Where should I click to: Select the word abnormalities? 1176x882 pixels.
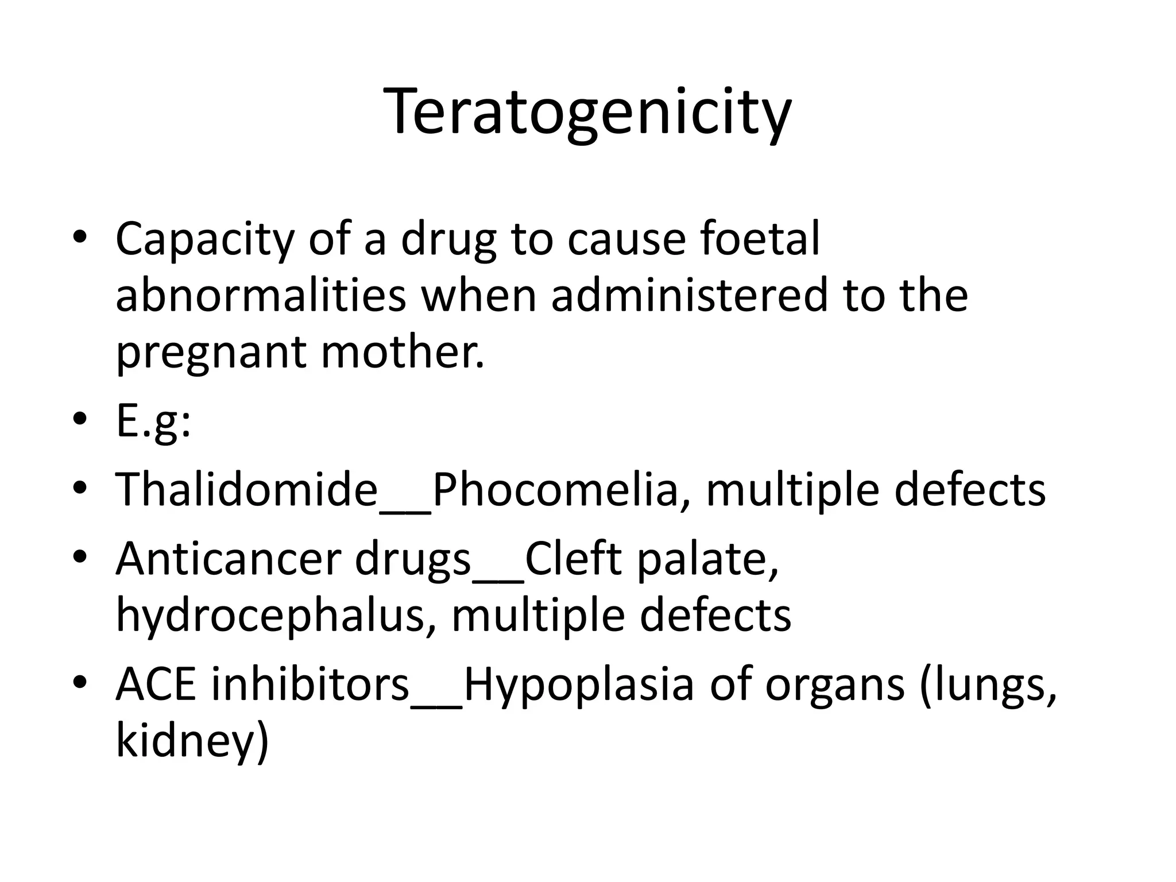261,295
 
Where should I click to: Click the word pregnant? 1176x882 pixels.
211,353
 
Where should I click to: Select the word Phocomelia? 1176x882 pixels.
555,489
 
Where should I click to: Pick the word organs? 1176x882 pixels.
835,687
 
